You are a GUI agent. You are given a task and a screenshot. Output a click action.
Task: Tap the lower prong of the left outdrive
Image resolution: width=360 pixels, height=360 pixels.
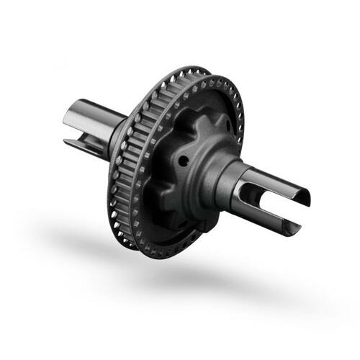pyautogui.click(x=81, y=143)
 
